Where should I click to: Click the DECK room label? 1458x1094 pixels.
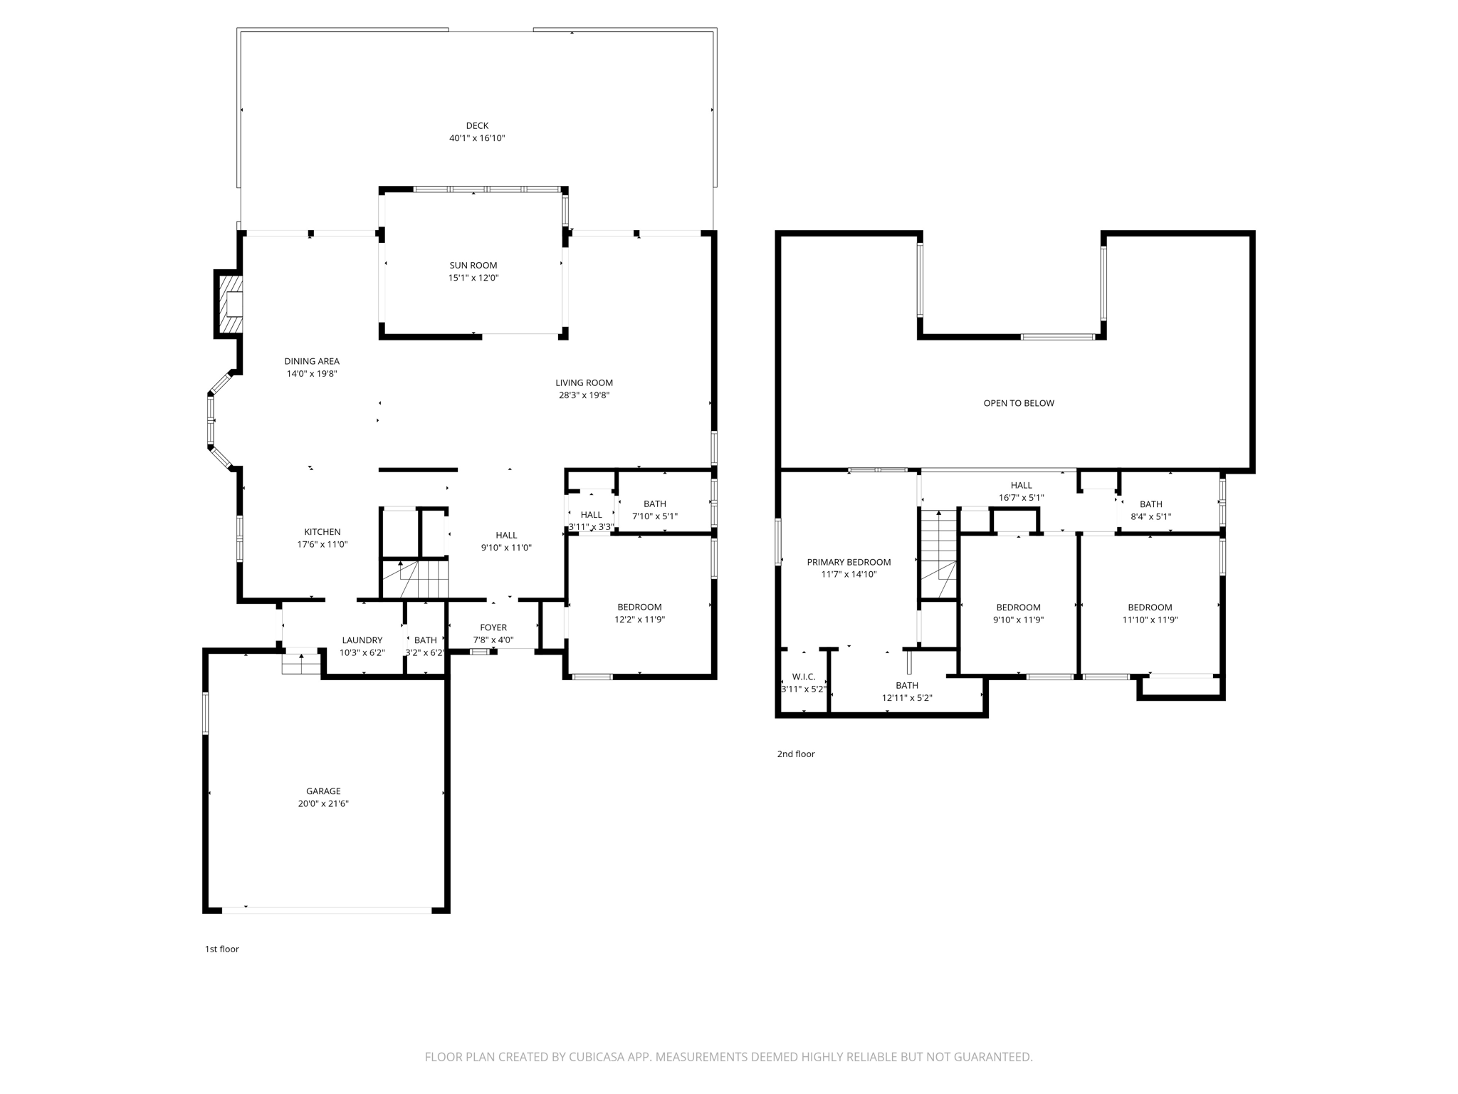tap(477, 126)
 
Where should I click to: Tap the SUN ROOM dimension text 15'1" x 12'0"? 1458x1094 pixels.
tap(473, 278)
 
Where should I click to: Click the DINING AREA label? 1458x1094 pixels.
tap(312, 361)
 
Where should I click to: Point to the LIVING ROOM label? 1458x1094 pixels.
tap(584, 382)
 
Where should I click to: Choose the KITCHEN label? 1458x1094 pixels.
tap(322, 532)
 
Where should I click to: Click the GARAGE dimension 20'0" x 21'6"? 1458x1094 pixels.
tap(323, 803)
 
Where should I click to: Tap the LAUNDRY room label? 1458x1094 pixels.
tap(362, 640)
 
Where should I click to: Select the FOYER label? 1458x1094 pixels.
tap(493, 627)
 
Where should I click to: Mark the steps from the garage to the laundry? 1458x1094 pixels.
tap(300, 665)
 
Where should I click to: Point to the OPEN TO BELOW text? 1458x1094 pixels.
tap(1019, 403)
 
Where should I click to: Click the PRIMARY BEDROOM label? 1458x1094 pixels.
tap(849, 562)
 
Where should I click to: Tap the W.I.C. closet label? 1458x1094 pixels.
tap(803, 677)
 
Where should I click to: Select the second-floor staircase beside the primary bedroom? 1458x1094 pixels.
tap(938, 554)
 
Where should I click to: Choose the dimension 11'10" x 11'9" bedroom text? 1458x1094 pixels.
tap(1150, 620)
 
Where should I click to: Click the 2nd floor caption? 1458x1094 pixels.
tap(796, 754)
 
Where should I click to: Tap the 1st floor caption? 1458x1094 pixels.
tap(222, 949)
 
